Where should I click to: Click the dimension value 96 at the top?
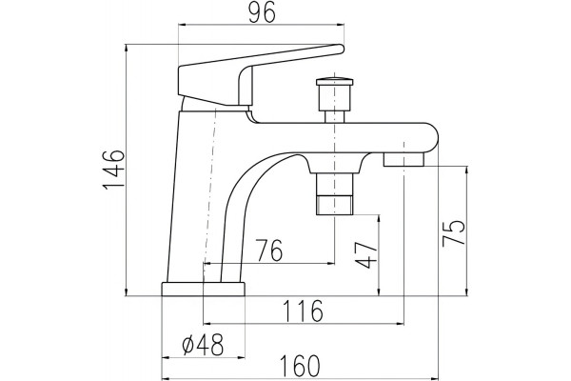(x=263, y=14)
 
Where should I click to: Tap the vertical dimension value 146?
(x=114, y=170)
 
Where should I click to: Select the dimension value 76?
(x=269, y=251)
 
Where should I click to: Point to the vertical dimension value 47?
(x=366, y=255)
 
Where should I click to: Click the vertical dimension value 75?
(x=453, y=233)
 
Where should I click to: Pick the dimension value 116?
(x=303, y=311)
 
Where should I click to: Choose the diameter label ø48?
(x=203, y=345)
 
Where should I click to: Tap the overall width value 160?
(x=301, y=366)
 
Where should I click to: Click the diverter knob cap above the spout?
(x=335, y=81)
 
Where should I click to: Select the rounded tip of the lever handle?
(x=340, y=50)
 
